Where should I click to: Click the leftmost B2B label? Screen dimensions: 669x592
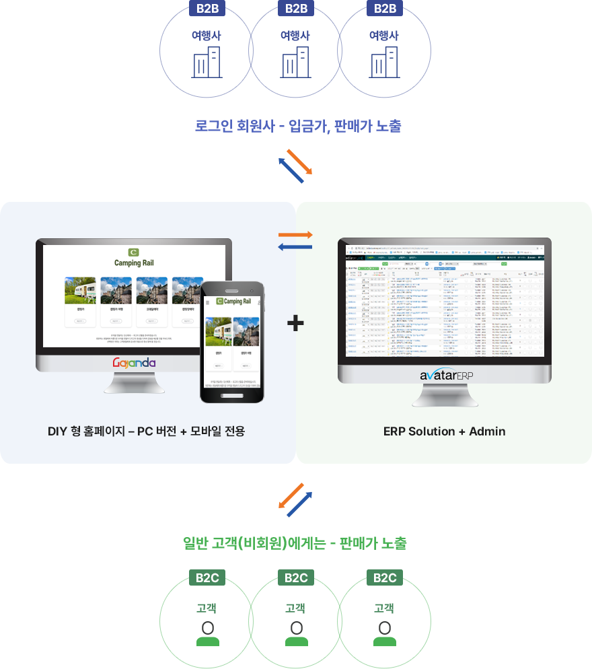[207, 9]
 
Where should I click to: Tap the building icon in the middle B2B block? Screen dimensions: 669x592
[296, 62]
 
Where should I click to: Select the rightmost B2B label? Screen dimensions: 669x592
[385, 9]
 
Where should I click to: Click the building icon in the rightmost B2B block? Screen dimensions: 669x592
[385, 62]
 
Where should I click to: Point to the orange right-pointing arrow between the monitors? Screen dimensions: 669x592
[295, 235]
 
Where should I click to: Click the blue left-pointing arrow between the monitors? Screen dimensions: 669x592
[295, 247]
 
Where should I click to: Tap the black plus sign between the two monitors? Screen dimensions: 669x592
[295, 324]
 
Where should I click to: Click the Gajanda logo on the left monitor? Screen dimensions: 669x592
[134, 363]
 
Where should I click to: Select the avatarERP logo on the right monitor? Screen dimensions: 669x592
[445, 376]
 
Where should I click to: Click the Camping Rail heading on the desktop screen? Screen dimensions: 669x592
[134, 262]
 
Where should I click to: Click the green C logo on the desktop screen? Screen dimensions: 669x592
[134, 252]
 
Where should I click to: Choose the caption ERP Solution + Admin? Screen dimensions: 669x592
[444, 431]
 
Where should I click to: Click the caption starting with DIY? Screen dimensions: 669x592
[146, 431]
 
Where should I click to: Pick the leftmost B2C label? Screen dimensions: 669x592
[207, 578]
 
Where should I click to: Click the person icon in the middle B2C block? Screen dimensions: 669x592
[296, 629]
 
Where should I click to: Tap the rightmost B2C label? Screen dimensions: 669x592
[385, 578]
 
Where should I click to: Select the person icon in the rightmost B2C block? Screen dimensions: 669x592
[385, 629]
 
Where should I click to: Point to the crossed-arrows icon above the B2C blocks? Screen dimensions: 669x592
[295, 499]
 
